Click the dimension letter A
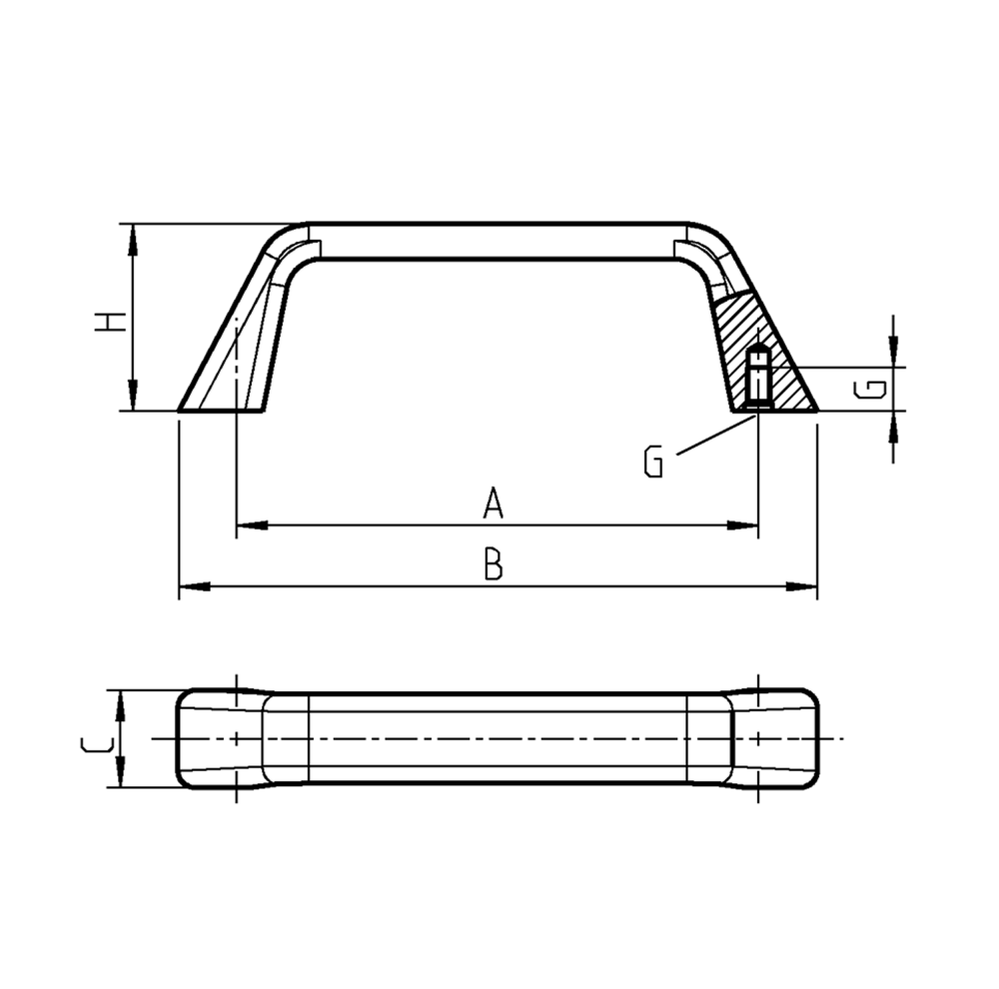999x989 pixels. tap(492, 503)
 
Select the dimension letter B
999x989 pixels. tap(493, 565)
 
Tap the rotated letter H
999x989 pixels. tap(110, 322)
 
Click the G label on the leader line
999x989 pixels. tap(654, 462)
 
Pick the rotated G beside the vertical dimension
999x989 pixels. tap(871, 389)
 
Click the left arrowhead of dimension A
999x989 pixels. tap(250, 524)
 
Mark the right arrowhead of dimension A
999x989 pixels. tap(744, 524)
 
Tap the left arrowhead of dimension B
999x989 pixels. tap(192, 586)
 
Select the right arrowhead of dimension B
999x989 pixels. tap(803, 586)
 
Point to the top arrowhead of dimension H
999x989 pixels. tap(132, 236)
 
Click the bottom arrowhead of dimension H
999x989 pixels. tap(132, 397)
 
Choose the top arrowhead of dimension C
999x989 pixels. tap(120, 704)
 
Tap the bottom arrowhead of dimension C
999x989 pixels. tap(120, 774)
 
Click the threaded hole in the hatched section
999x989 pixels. tap(758, 377)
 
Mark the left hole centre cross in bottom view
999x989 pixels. tap(236, 738)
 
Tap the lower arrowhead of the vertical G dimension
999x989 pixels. tap(893, 424)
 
